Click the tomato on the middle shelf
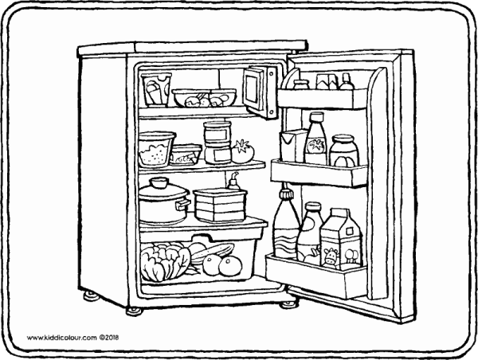245,149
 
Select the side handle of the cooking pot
183,205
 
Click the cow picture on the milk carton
331,255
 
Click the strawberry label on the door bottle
317,146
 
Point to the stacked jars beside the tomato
216,142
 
